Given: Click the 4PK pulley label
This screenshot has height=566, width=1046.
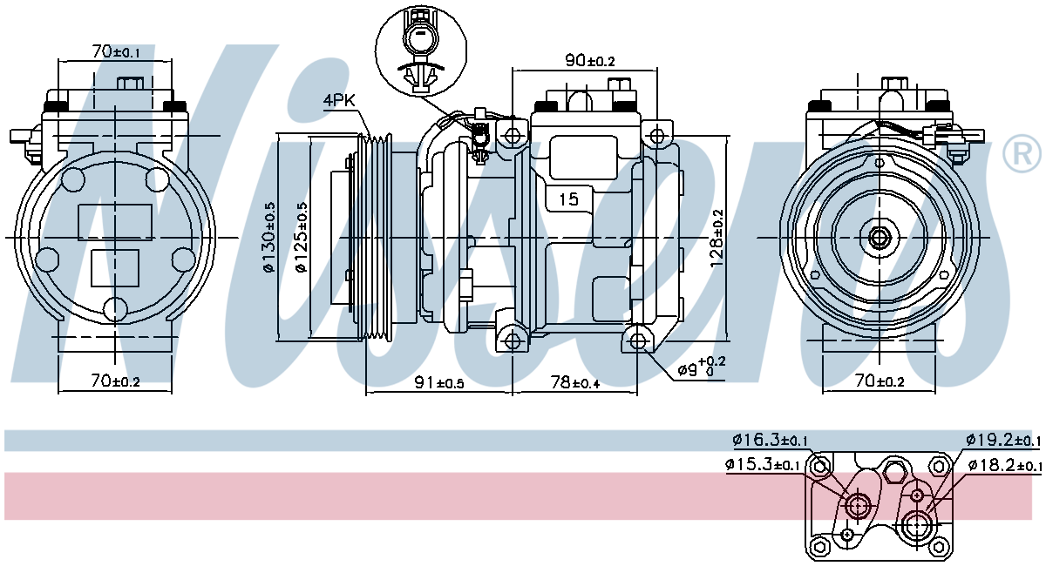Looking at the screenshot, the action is [339, 100].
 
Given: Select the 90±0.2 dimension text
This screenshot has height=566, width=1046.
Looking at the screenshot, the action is [590, 60].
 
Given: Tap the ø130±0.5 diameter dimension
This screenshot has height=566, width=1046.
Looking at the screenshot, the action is [269, 238].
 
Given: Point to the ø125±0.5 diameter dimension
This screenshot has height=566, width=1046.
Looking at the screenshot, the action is [302, 238].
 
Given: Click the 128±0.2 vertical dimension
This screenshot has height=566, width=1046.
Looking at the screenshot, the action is [717, 238].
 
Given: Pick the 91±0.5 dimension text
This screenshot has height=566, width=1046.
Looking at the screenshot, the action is [439, 382].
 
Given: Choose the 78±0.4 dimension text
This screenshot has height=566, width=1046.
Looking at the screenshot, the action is [574, 382].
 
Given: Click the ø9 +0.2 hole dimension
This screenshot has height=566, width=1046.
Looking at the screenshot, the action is [702, 367].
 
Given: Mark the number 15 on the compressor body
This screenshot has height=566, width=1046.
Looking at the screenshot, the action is [568, 199].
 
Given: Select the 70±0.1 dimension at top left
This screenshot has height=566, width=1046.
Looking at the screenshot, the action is [116, 51].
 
